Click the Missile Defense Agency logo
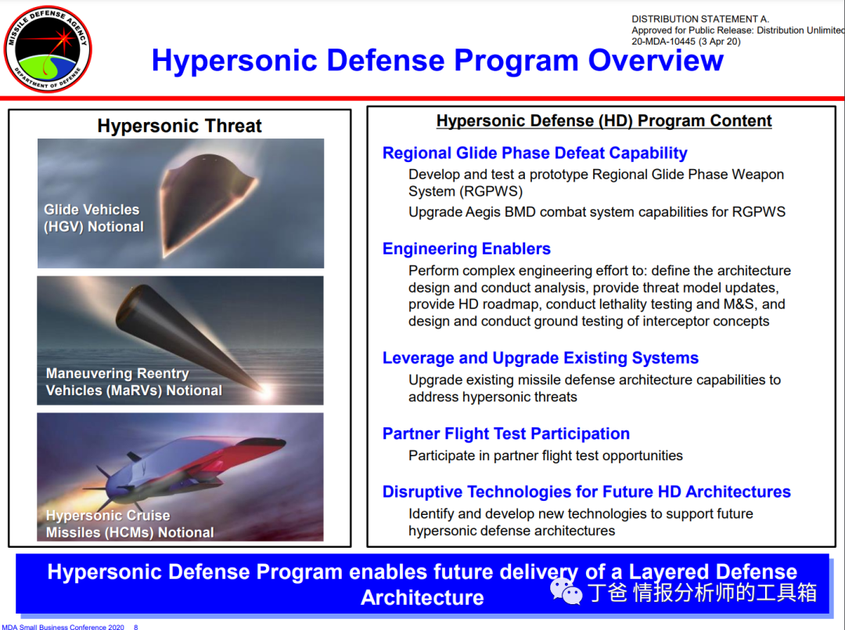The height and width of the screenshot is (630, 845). (48, 49)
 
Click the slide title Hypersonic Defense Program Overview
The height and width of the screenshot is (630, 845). (437, 59)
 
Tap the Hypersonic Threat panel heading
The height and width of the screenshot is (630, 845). (179, 125)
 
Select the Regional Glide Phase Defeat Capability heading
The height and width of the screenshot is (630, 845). (534, 153)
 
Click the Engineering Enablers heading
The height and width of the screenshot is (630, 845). (466, 248)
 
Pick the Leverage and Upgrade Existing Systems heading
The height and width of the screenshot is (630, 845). (540, 358)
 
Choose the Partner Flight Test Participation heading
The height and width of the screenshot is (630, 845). (505, 434)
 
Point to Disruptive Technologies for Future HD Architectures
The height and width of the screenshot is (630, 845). (586, 491)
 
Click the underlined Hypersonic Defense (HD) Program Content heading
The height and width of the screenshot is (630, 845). (603, 121)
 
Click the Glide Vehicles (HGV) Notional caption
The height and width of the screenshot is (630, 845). (94, 218)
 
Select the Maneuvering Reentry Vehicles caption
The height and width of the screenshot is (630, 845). (134, 382)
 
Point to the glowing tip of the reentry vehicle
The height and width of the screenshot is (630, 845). (265, 391)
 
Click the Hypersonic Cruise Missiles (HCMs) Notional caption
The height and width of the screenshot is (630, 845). (129, 524)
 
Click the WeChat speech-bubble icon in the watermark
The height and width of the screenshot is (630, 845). (566, 591)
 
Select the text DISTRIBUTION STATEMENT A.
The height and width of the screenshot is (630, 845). (700, 19)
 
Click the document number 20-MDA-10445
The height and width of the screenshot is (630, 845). (663, 41)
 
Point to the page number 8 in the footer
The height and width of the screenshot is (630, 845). (136, 627)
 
